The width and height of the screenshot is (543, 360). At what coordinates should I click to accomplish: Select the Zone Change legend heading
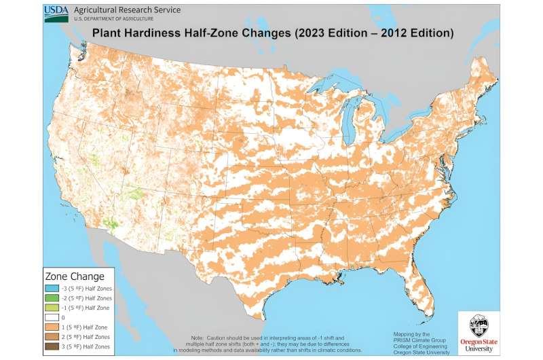point(75,276)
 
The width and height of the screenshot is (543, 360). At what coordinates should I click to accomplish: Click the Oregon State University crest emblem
point(479,325)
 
